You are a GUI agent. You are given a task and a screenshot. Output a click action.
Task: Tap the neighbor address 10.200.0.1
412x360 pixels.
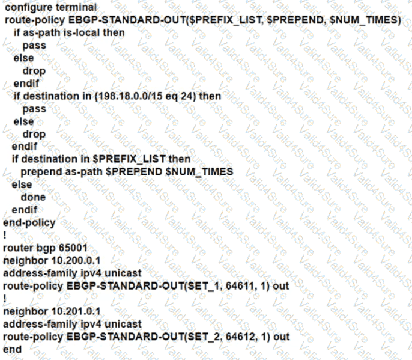click(70, 260)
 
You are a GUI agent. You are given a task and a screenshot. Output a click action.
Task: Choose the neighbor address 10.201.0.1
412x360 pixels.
click(70, 311)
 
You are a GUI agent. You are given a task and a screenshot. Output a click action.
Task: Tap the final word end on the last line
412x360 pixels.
click(12, 349)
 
